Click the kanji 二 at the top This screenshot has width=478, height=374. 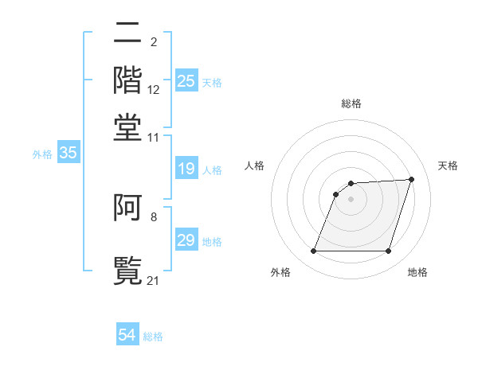tap(128, 33)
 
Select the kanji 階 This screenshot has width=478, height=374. tap(128, 80)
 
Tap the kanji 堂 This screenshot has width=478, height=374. tap(128, 127)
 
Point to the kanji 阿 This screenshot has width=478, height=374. tap(128, 208)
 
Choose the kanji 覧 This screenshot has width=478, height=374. tap(128, 268)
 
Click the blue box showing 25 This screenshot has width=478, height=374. tap(186, 81)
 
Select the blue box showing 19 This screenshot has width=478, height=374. tap(186, 169)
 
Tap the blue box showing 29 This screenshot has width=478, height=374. tap(186, 241)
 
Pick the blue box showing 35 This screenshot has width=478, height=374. tap(68, 154)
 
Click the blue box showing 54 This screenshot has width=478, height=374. tap(127, 336)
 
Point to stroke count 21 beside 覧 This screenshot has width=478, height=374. tap(154, 279)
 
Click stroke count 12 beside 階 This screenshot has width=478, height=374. tap(154, 90)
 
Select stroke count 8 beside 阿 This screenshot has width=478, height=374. tap(154, 216)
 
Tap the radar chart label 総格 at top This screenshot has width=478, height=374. tap(351, 103)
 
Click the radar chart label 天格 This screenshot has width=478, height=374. tap(448, 166)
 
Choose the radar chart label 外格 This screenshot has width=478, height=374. tap(280, 272)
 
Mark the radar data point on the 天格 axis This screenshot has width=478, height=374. tap(412, 179)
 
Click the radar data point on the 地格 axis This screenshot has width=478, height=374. tap(389, 251)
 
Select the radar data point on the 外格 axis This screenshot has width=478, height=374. tap(313, 251)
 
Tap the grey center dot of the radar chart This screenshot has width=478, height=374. tap(351, 199)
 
